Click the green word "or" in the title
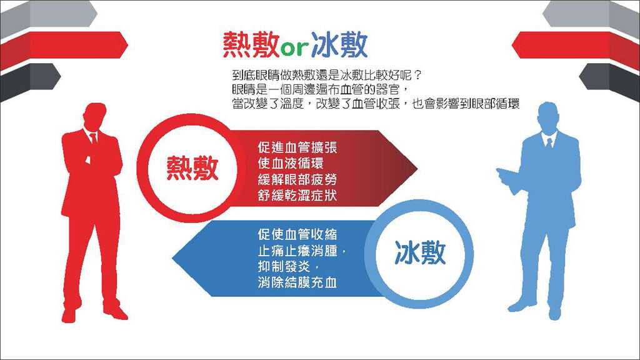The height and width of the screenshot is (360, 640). click(295, 48)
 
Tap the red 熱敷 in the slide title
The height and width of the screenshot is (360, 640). click(251, 44)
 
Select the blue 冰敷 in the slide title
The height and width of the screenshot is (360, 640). click(338, 44)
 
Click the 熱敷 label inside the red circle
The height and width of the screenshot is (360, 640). click(192, 168)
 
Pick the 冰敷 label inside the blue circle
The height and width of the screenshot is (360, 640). click(420, 252)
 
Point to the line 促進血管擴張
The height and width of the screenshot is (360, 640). click(297, 147)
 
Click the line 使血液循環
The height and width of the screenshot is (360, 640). click(291, 163)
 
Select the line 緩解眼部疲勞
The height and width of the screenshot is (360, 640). click(297, 179)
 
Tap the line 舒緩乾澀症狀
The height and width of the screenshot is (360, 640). click(297, 196)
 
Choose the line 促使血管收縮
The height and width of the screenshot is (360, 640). click(297, 234)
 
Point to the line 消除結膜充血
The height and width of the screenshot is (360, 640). click(297, 282)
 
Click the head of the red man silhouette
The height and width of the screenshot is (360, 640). click(94, 116)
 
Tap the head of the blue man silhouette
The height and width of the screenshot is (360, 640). click(548, 116)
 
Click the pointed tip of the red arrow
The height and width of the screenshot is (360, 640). click(417, 167)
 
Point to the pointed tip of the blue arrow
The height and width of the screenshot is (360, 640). click(173, 258)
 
